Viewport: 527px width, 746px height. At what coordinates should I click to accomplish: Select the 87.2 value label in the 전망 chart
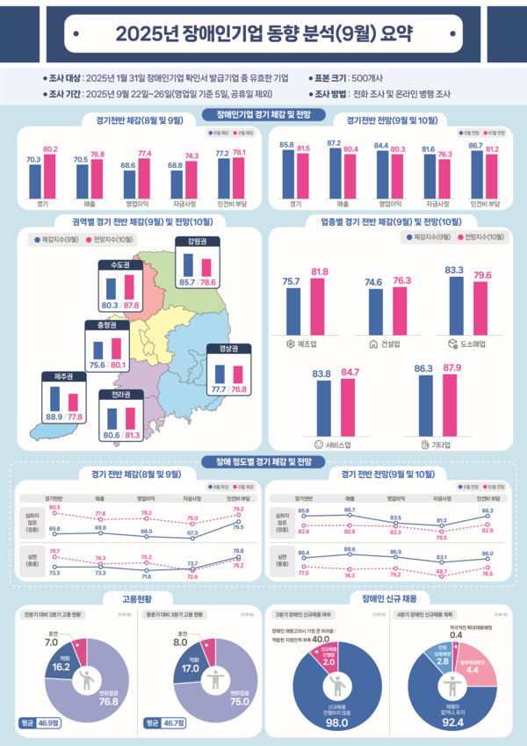[334, 141]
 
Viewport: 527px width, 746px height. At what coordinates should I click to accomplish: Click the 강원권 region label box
[198, 241]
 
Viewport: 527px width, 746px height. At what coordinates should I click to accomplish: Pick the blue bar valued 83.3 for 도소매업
[454, 303]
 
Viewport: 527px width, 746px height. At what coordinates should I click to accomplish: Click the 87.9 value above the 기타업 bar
[453, 367]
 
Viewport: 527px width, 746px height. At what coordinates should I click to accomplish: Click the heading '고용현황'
[128, 598]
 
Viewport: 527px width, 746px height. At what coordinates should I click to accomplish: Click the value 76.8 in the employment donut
[109, 701]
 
